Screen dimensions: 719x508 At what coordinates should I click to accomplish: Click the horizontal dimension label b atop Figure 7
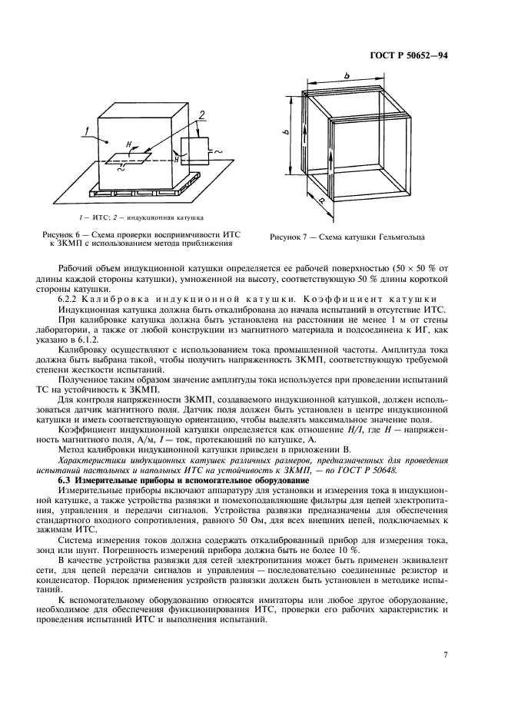pos(347,75)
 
